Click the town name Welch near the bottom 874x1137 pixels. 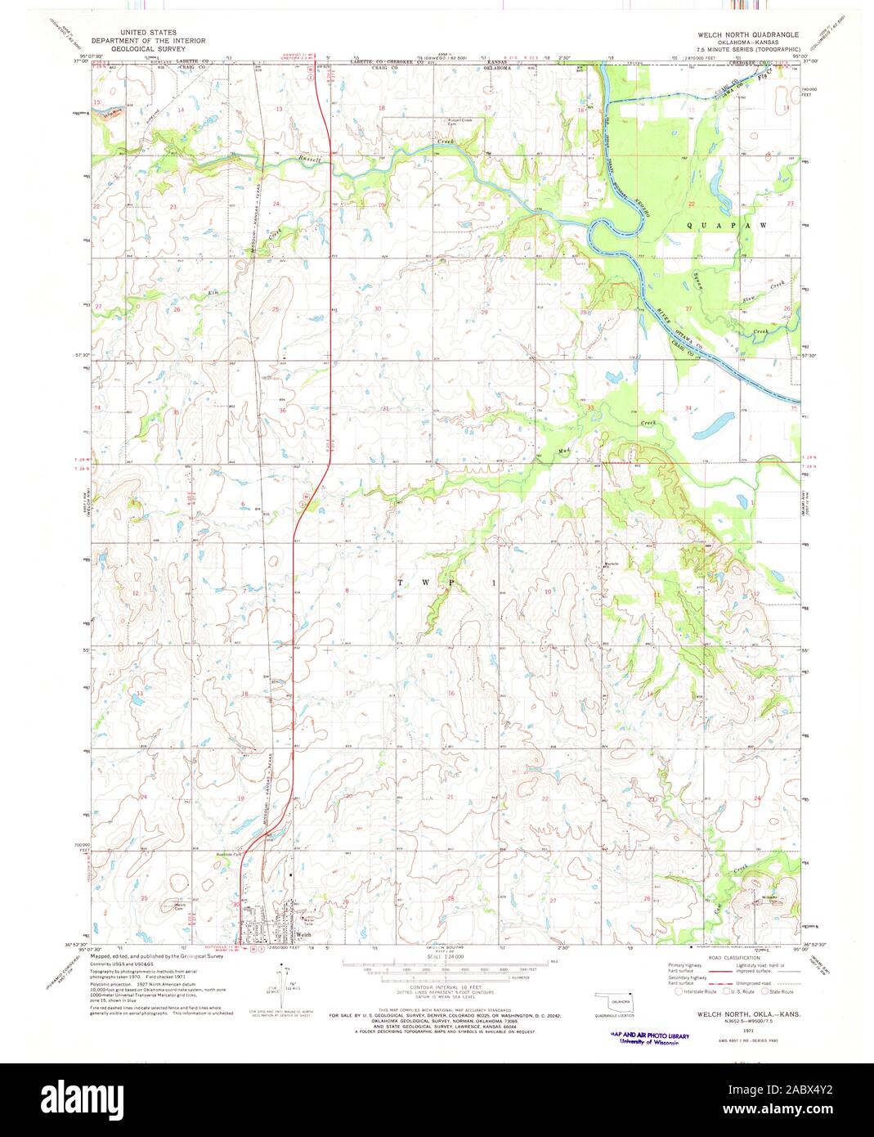[x=303, y=934]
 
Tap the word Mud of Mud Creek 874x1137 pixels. [x=542, y=451]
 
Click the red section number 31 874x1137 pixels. [x=384, y=408]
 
